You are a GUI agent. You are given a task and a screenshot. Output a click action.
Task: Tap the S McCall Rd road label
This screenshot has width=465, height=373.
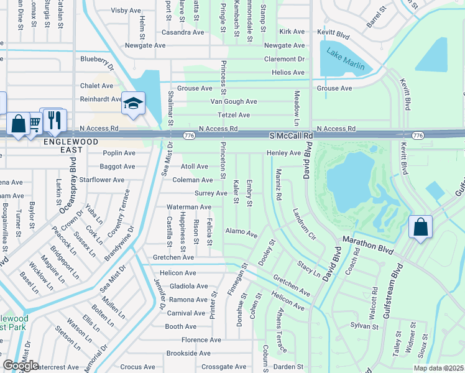(291, 135)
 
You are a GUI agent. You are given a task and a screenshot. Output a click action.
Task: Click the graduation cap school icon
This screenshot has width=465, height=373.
(133, 104)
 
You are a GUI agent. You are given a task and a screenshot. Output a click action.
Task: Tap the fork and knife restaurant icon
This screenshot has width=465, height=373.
(55, 120)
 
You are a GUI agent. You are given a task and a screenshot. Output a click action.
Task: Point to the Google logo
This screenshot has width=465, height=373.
(21, 366)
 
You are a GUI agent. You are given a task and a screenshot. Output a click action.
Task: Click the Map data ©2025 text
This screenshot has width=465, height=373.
(439, 368)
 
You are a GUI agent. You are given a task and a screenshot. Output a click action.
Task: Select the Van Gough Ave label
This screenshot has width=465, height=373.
(234, 101)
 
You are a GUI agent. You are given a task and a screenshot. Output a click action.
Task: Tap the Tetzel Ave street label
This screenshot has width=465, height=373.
(234, 115)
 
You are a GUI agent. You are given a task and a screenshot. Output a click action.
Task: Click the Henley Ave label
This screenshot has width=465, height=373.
(283, 153)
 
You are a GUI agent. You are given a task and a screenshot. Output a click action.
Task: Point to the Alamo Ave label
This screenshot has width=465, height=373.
(241, 233)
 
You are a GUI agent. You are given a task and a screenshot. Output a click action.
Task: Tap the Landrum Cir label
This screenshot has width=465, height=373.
(304, 223)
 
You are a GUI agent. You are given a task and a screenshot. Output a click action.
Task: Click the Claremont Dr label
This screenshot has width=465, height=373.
(284, 59)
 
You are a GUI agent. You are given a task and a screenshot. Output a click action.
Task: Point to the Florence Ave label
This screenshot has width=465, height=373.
(201, 340)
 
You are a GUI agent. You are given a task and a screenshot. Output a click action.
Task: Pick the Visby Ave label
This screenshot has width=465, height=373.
(126, 11)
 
